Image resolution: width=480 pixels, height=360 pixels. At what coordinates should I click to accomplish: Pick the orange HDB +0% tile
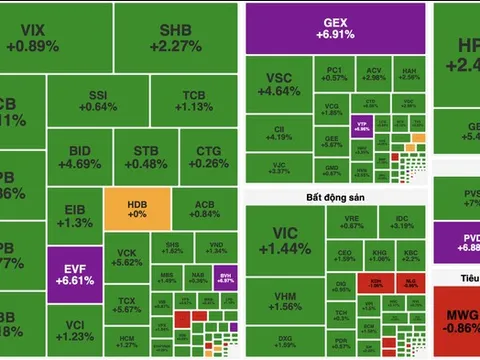click(136, 209)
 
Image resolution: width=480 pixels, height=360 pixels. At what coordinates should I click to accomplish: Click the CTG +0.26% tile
click(208, 158)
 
